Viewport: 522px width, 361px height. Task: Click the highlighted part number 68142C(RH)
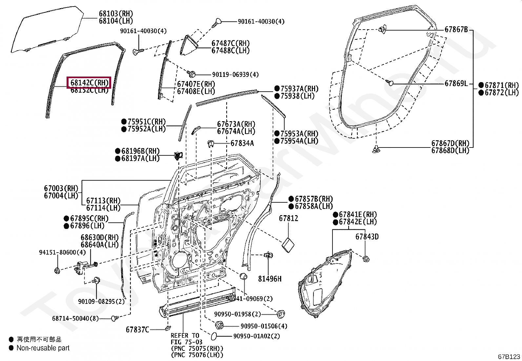tap(89, 82)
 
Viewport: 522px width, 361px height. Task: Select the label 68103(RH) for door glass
tap(116, 14)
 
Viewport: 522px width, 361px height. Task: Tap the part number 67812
tap(289, 218)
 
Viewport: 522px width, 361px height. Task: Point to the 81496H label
tap(270, 279)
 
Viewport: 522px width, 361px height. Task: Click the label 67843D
tap(367, 237)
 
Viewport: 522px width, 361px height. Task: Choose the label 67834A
tap(242, 143)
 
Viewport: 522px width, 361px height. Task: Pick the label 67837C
tap(137, 329)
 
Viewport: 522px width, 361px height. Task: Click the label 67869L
tap(456, 83)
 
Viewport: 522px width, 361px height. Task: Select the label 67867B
tap(456, 30)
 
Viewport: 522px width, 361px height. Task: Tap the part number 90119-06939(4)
tap(235, 75)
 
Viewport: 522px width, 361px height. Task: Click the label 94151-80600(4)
tap(62, 252)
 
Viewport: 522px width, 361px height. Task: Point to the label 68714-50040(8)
tap(75, 318)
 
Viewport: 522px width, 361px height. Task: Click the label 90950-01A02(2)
tap(257, 336)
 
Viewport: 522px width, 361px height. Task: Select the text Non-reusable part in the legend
tap(43, 348)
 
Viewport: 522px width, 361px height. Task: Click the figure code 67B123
tap(509, 357)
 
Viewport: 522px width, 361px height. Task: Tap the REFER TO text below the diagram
tap(185, 335)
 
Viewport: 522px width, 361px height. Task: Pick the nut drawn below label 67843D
tap(366, 259)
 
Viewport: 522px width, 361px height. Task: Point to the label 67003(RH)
tap(61, 189)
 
